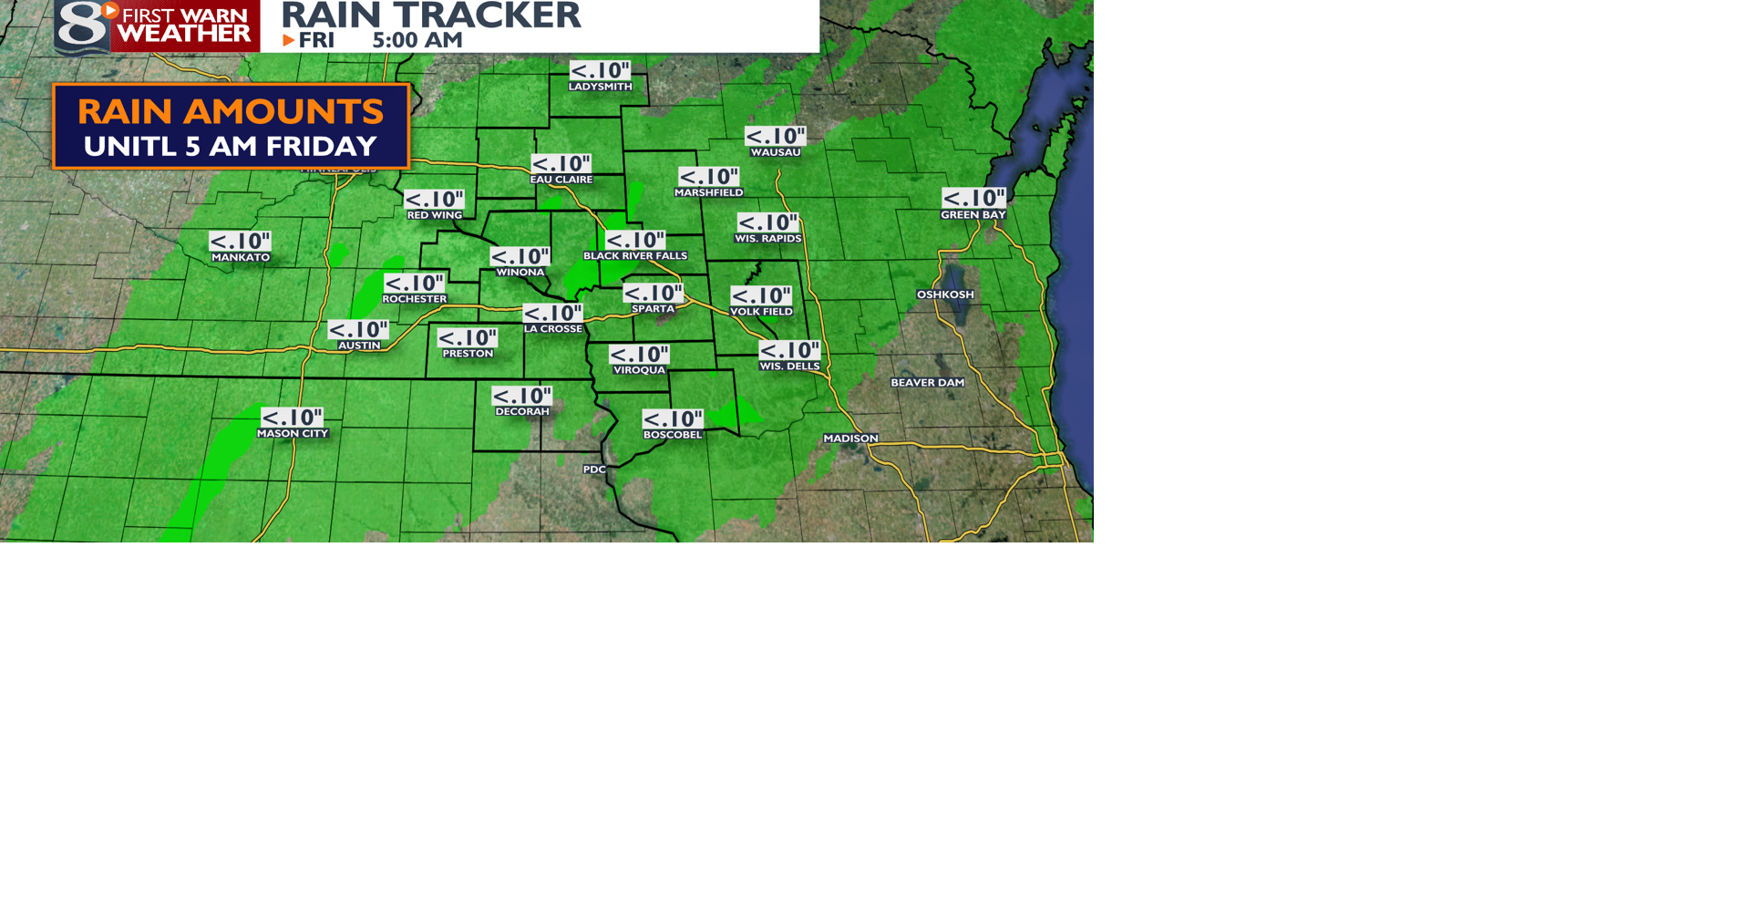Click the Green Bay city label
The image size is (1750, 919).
pos(973,215)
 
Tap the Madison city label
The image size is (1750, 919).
pos(850,439)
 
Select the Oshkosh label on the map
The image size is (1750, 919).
pos(945,294)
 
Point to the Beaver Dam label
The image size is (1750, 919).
pos(927,383)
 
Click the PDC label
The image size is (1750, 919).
pos(594,470)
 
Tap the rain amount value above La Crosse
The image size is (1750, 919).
pos(552,313)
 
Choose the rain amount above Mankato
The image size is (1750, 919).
pos(240,242)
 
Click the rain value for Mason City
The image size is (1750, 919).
pos(292,418)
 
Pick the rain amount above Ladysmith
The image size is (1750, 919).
pos(600,70)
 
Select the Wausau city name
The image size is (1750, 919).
pos(775,152)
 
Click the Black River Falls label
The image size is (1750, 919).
pos(635,256)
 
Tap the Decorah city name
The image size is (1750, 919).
pos(522,412)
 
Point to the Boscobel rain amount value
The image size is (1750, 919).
pos(673,418)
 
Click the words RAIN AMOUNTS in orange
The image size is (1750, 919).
pos(231,111)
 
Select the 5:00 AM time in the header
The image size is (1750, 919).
pos(417,40)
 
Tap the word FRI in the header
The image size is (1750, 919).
pos(316,40)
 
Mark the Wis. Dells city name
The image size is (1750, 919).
pos(789,367)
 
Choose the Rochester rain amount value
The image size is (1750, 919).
pos(414,284)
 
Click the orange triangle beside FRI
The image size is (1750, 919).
pos(288,40)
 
